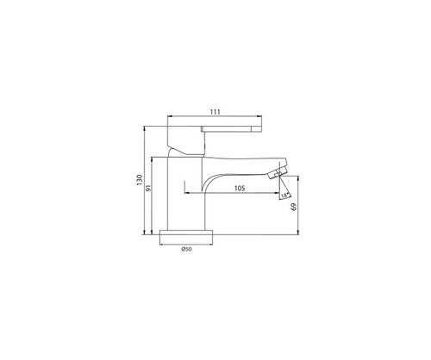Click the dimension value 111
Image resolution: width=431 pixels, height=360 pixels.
[215, 112]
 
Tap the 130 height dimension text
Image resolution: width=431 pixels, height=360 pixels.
[140, 180]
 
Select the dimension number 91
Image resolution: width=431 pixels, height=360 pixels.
[148, 189]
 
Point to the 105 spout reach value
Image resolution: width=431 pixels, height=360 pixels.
[240, 189]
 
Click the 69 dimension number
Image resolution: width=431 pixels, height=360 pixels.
[294, 208]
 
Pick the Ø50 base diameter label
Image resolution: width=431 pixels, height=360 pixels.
[186, 250]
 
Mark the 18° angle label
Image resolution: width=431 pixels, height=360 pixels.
[284, 196]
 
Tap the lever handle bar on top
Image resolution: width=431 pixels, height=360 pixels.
[232, 128]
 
